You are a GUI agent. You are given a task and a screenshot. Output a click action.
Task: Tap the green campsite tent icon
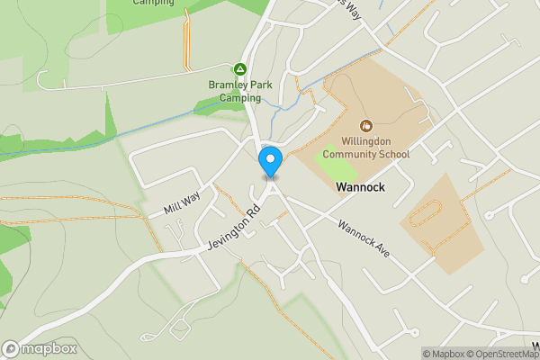(240, 68)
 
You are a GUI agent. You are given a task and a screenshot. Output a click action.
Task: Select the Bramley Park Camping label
(234, 91)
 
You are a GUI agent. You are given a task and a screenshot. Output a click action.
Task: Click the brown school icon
(366, 127)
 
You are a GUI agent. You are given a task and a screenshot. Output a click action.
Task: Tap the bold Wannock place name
(361, 188)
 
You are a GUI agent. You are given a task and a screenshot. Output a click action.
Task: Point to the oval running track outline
(424, 216)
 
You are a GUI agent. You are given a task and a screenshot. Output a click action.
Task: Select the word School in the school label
(391, 155)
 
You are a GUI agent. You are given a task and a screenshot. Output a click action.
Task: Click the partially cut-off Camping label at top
(153, 3)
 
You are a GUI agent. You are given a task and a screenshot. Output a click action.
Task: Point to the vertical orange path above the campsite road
(186, 36)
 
